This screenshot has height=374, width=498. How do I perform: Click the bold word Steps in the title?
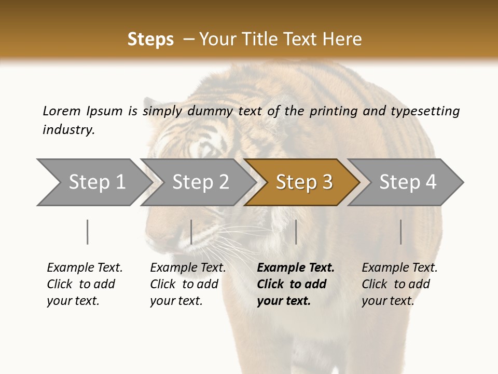150,39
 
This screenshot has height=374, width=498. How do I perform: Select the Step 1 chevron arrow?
93,182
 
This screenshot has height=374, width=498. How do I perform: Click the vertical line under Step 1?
88,232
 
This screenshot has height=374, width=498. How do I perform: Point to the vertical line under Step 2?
191,232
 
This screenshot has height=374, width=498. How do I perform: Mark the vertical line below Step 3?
296,232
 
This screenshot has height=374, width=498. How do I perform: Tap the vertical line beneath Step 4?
401,232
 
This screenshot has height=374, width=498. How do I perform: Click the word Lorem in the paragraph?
61,111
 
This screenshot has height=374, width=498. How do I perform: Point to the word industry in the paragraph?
68,130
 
